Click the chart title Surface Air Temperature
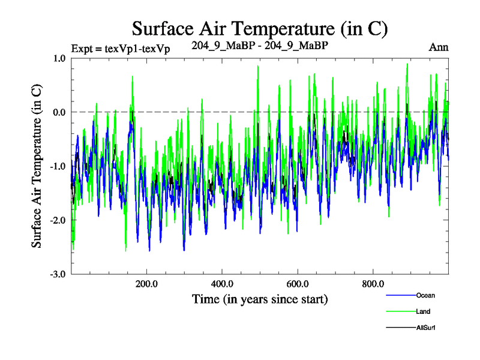260,28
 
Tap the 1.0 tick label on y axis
59,58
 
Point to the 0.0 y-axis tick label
59,112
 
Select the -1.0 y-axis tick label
58,166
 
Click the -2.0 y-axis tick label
58,220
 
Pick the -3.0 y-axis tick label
58,274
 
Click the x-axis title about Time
260,298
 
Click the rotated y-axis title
37,166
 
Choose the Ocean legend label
425,295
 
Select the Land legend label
423,311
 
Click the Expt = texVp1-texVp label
120,49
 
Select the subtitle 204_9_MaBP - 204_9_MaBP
260,46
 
